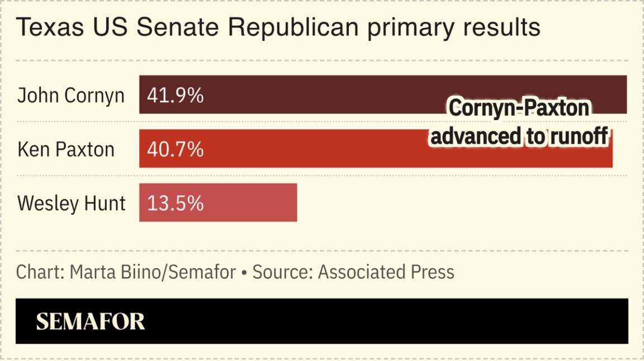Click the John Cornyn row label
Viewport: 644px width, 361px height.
click(x=70, y=96)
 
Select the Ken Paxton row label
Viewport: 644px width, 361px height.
click(x=66, y=149)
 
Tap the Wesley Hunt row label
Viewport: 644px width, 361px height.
click(x=72, y=203)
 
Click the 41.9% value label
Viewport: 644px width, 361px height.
click(x=175, y=96)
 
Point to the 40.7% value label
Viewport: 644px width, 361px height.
click(x=175, y=149)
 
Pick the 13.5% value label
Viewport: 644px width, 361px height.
click(x=175, y=203)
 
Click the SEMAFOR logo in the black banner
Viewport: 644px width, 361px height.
click(x=91, y=322)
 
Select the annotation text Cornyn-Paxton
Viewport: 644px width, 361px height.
click(x=518, y=108)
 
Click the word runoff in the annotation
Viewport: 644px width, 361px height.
click(x=578, y=136)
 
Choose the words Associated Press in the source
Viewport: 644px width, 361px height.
click(x=386, y=272)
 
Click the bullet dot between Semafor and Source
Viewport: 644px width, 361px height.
click(x=244, y=273)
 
